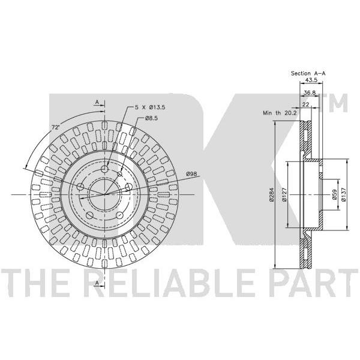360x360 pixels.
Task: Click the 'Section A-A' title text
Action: (x=308, y=73)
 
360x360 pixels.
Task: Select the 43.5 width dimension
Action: (x=310, y=80)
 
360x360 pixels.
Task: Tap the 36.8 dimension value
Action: (x=310, y=93)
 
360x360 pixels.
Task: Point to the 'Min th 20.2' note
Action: (x=280, y=113)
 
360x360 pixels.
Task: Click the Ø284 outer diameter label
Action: (x=272, y=194)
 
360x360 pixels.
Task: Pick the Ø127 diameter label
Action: (x=284, y=195)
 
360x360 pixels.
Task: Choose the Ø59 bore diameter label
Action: (x=335, y=195)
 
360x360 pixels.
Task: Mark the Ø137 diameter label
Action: (x=343, y=195)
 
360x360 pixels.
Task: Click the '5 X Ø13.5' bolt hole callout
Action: (x=149, y=107)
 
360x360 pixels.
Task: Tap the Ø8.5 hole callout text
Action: (x=151, y=118)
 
